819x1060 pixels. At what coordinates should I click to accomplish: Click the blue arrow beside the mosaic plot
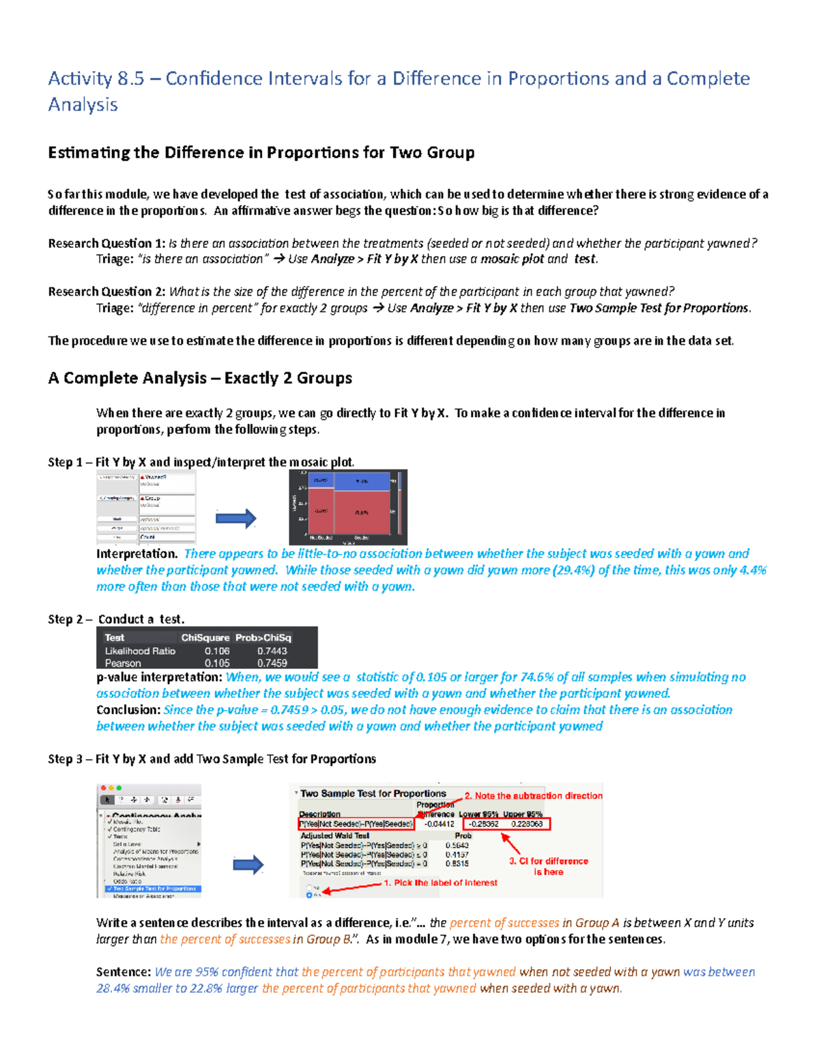coord(235,518)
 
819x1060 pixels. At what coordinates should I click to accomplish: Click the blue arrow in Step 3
coord(248,865)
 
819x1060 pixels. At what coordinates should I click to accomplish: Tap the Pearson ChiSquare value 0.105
coord(217,663)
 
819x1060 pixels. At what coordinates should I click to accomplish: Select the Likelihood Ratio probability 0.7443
coord(272,651)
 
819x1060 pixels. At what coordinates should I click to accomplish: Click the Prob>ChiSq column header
coord(263,638)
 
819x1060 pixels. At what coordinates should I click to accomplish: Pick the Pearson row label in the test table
coord(123,663)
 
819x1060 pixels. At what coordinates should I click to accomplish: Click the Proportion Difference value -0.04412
coord(439,824)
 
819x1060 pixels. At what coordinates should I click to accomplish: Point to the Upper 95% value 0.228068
coord(527,824)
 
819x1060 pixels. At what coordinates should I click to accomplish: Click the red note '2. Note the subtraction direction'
coord(534,796)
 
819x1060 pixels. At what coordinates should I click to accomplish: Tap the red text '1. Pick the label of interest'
coord(440,883)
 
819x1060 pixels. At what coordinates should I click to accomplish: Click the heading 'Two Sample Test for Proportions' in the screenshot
coord(373,794)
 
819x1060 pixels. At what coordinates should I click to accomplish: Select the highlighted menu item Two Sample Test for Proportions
coord(154,889)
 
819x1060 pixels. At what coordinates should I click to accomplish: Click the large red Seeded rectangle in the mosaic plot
coord(362,512)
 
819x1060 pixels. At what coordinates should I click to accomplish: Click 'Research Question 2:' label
coord(106,291)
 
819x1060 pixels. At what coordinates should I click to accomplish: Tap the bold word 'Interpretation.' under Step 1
coord(136,554)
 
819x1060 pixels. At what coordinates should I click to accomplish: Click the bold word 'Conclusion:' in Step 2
coord(128,710)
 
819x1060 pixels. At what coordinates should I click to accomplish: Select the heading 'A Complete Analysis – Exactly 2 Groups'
coord(200,378)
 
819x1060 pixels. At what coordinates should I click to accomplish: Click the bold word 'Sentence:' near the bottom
coord(123,972)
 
